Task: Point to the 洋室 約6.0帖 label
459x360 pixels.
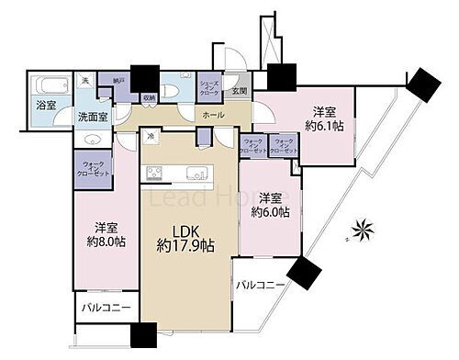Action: [271, 205]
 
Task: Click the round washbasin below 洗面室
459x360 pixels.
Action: [92, 139]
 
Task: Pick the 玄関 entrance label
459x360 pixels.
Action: [238, 92]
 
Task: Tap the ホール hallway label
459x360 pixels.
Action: [212, 116]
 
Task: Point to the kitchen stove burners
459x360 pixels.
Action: [151, 174]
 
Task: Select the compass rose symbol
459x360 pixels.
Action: [359, 229]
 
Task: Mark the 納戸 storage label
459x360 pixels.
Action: [118, 81]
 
